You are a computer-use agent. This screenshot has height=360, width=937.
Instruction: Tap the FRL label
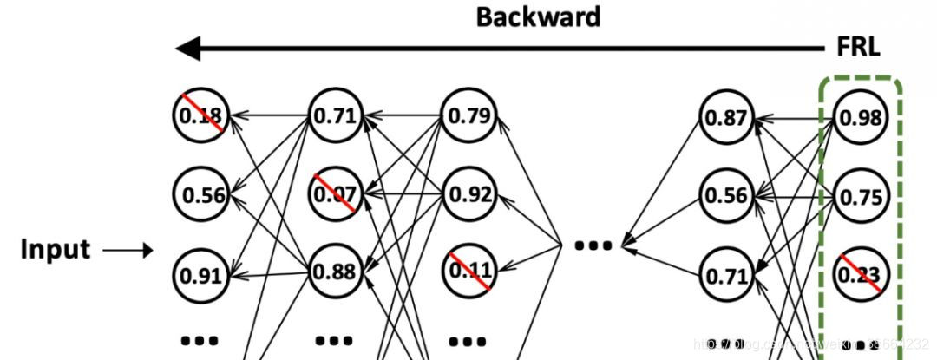click(858, 47)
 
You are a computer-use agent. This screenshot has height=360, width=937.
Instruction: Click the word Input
click(56, 250)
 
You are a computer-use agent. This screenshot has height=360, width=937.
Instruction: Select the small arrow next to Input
click(128, 252)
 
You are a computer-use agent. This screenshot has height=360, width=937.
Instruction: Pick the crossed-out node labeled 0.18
click(200, 115)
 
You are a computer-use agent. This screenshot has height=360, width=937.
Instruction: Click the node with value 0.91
click(200, 275)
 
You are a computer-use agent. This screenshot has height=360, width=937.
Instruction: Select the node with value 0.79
click(468, 115)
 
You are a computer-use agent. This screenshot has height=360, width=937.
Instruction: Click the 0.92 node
click(468, 193)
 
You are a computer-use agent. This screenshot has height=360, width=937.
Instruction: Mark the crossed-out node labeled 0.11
click(468, 271)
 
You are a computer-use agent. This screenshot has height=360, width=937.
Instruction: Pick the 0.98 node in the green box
click(860, 116)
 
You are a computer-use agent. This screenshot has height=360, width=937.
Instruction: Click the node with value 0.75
click(860, 196)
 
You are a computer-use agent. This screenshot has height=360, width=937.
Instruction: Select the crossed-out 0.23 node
click(860, 275)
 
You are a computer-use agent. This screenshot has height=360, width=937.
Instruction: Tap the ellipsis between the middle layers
click(593, 245)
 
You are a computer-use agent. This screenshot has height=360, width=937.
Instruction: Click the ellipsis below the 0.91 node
click(200, 340)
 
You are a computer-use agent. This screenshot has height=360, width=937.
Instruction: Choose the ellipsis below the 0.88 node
click(335, 340)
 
